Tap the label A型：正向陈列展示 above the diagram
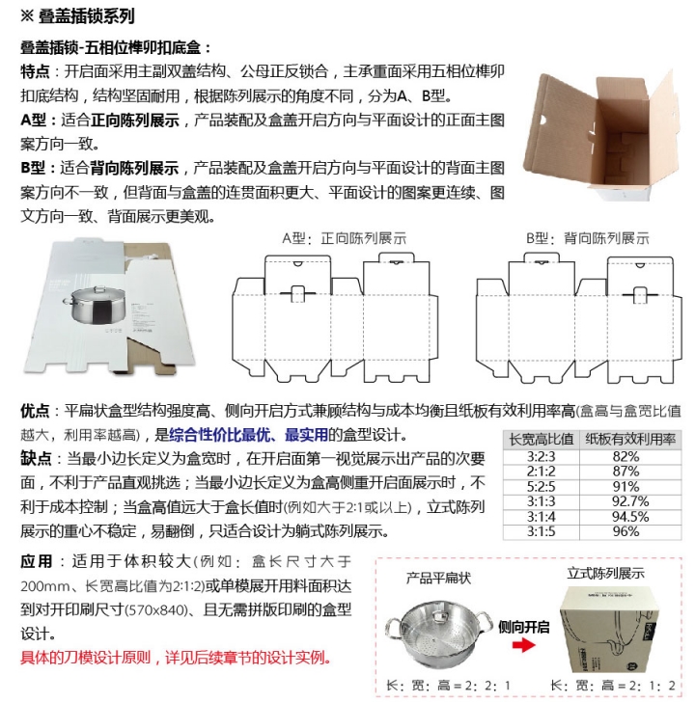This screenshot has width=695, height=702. coord(331,238)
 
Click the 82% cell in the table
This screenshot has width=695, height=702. coord(626,455)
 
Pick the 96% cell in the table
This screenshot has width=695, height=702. coord(626,530)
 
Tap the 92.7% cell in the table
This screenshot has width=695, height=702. coord(626,500)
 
